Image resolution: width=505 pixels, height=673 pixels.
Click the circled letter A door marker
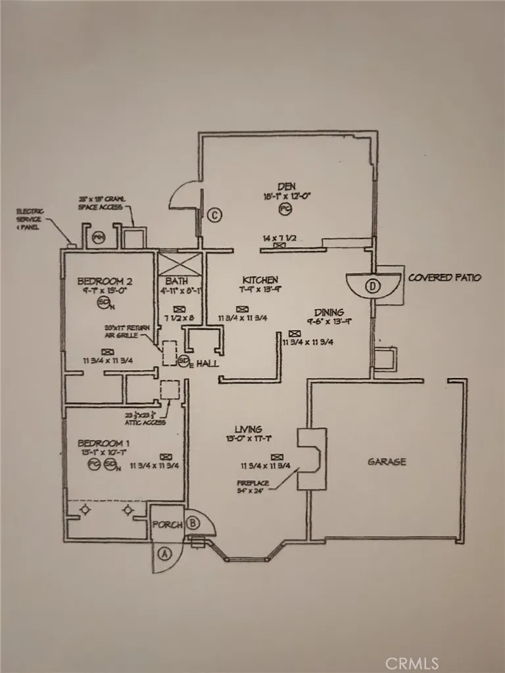click(x=164, y=553)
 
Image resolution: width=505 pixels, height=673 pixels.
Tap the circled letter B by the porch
click(x=193, y=524)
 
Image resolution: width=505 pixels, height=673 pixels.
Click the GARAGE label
click(x=387, y=461)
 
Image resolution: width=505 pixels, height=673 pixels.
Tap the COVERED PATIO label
click(x=445, y=277)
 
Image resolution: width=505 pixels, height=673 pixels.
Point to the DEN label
click(x=284, y=185)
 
